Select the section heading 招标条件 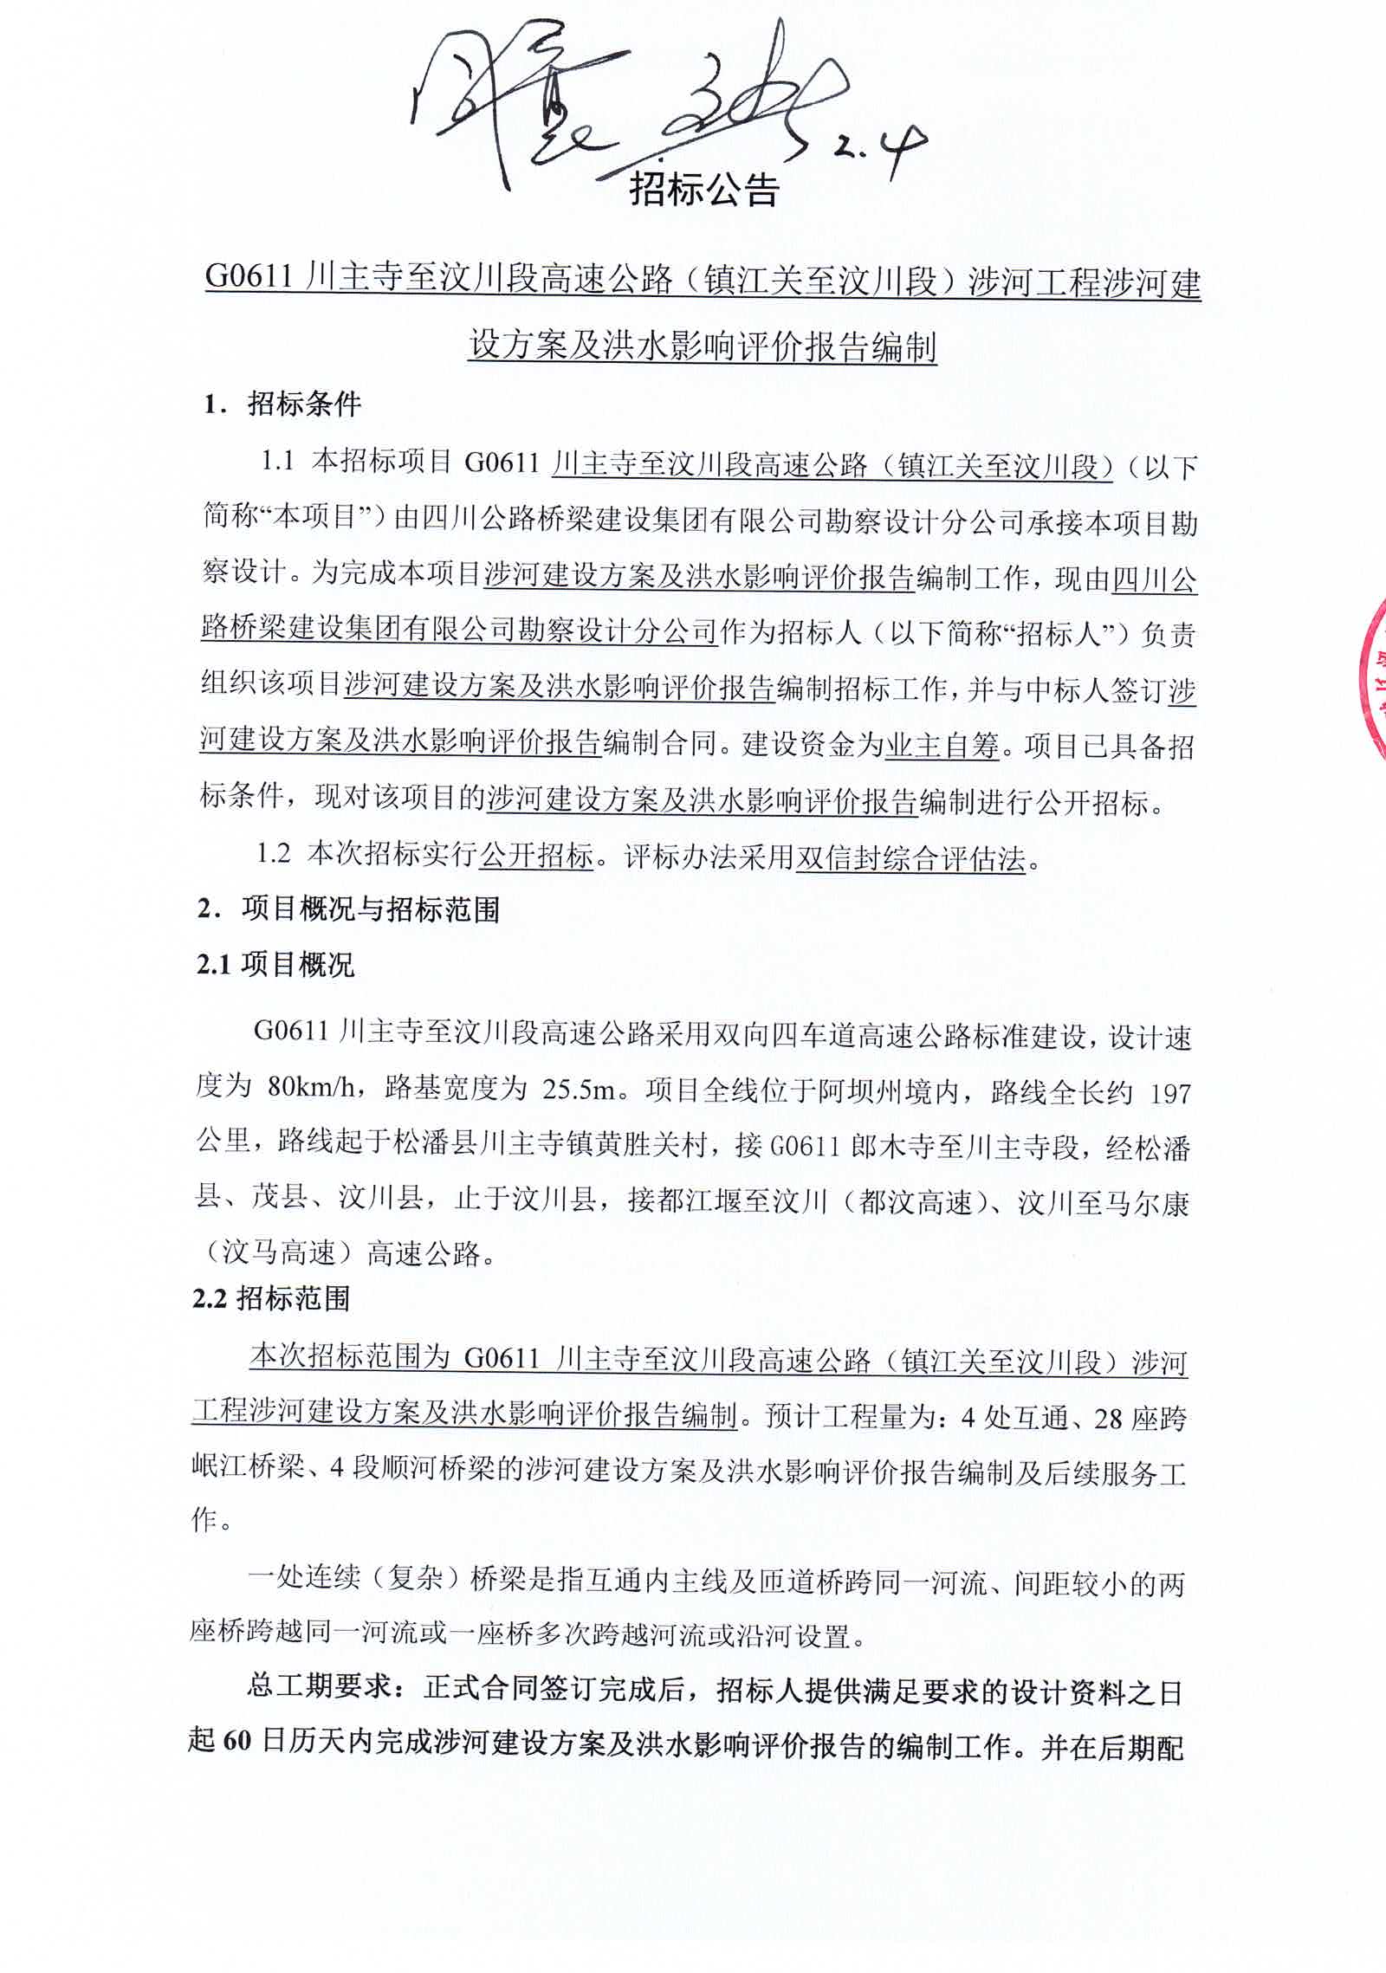(304, 404)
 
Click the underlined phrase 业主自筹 (942, 745)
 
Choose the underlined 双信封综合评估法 (910, 858)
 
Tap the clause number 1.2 (273, 854)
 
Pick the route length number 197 (1170, 1093)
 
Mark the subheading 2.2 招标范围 (271, 1298)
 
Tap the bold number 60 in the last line (236, 1743)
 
